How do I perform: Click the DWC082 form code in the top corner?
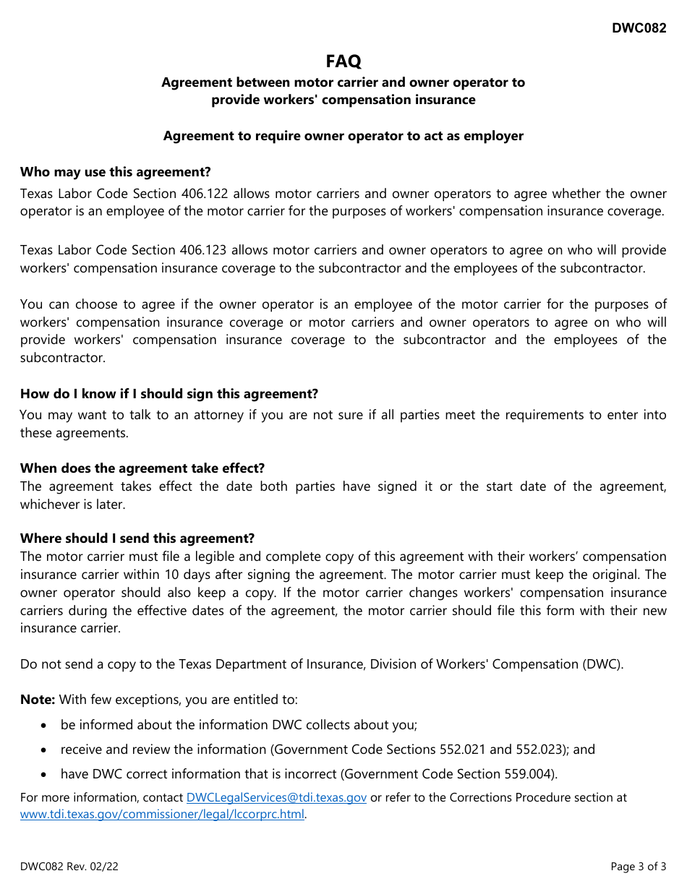point(639,28)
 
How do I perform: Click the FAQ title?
point(343,61)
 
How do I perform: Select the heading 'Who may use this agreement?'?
point(116,172)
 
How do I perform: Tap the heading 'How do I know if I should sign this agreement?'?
point(169,394)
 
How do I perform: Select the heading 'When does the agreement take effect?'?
point(142,468)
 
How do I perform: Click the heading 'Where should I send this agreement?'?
point(137,538)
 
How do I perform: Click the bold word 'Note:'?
point(38,700)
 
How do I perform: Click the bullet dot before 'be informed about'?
point(46,725)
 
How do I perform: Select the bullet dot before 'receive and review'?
point(46,750)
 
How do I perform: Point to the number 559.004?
point(529,774)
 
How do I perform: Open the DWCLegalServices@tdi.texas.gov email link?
point(276,798)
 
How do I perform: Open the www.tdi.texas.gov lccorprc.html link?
point(162,815)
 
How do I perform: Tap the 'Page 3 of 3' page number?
point(638,867)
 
